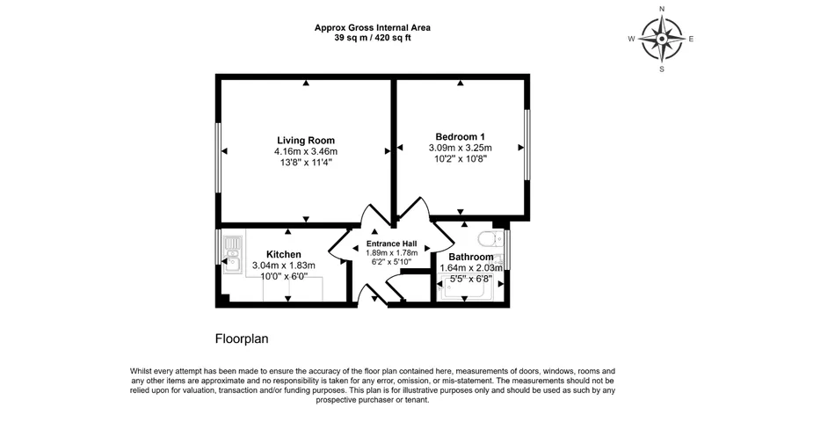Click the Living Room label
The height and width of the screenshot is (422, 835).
click(306, 141)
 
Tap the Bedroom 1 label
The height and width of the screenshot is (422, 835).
click(460, 136)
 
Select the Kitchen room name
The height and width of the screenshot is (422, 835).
click(284, 255)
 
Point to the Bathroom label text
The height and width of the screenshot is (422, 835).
click(471, 258)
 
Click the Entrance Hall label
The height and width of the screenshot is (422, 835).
click(391, 244)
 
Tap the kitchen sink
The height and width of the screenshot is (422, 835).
click(232, 256)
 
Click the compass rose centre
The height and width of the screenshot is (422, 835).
click(662, 39)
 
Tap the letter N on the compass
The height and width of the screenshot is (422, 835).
click(662, 9)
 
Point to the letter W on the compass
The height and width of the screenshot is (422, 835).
click(632, 39)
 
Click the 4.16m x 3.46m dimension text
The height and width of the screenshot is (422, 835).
click(306, 152)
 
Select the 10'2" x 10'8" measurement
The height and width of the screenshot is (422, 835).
click(460, 158)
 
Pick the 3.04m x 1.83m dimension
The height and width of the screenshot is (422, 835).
click(284, 266)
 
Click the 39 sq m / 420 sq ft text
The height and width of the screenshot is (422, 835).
click(373, 38)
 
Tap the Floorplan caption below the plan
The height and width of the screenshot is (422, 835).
click(242, 338)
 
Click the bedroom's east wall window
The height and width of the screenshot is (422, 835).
click(526, 145)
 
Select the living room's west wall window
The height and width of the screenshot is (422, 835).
click(218, 157)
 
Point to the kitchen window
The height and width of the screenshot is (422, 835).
click(218, 246)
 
